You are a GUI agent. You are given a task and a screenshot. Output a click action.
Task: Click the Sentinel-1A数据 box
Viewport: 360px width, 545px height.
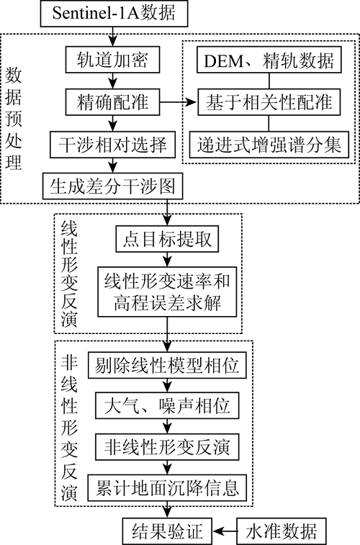tap(114, 13)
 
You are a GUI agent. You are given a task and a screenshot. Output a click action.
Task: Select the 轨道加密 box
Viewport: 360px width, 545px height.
tap(112, 60)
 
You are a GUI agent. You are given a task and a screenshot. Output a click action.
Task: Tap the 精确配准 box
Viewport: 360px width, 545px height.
tap(112, 102)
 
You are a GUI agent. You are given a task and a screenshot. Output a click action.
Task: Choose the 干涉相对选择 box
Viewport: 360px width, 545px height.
tap(112, 145)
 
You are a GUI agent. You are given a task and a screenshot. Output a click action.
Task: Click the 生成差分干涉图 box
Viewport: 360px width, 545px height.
tap(112, 186)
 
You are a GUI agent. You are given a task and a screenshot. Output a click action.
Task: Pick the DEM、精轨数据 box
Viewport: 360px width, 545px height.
tap(269, 60)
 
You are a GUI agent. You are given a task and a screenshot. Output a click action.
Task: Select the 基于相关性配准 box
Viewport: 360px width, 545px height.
tap(269, 102)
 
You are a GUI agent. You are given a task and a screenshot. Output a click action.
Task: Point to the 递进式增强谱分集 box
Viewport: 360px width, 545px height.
tap(269, 145)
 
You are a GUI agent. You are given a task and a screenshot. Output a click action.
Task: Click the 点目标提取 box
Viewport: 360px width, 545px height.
tap(167, 239)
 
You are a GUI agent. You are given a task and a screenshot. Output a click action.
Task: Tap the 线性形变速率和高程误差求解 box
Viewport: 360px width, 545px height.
tap(167, 292)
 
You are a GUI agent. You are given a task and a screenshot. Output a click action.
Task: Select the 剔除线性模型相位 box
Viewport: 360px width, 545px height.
tap(167, 365)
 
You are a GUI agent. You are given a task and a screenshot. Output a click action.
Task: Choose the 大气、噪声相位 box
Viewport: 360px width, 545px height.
tap(167, 405)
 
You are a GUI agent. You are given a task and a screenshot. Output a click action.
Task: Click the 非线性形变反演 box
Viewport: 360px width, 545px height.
tap(167, 446)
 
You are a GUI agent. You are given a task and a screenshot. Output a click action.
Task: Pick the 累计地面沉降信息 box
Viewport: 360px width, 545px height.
tap(167, 487)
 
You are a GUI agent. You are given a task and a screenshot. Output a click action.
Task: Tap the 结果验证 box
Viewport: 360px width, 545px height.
tap(167, 531)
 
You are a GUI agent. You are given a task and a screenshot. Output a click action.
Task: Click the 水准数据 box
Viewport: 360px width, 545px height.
tap(282, 531)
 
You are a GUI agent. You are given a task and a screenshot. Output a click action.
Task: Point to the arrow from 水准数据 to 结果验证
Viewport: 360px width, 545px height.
tap(225, 531)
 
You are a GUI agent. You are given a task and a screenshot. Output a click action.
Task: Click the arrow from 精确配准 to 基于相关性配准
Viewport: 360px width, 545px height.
tap(179, 102)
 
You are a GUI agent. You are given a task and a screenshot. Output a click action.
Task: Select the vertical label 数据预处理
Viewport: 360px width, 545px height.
tap(14, 119)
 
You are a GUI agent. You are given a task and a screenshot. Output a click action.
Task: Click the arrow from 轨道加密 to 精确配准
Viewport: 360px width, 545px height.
tap(112, 81)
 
